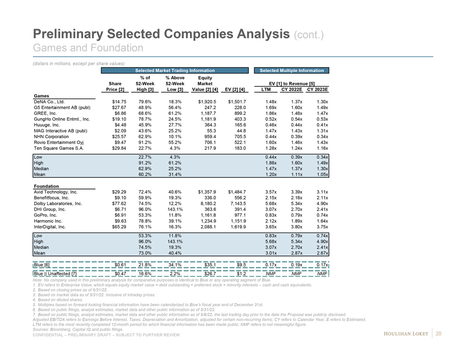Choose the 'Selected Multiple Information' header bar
(x=291, y=70)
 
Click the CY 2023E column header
(x=318, y=90)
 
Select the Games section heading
(x=41, y=95)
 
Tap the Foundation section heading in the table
(x=46, y=186)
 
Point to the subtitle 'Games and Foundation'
(x=88, y=48)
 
